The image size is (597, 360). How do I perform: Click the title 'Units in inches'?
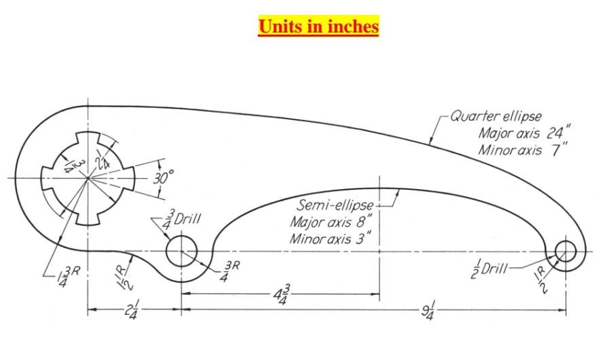coord(318,26)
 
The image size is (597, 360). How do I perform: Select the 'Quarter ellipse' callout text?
coord(496,117)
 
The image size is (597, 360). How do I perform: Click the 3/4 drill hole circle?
coord(180,252)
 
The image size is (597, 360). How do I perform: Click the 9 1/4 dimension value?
coord(429,313)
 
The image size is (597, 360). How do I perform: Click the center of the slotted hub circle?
coord(88,178)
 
